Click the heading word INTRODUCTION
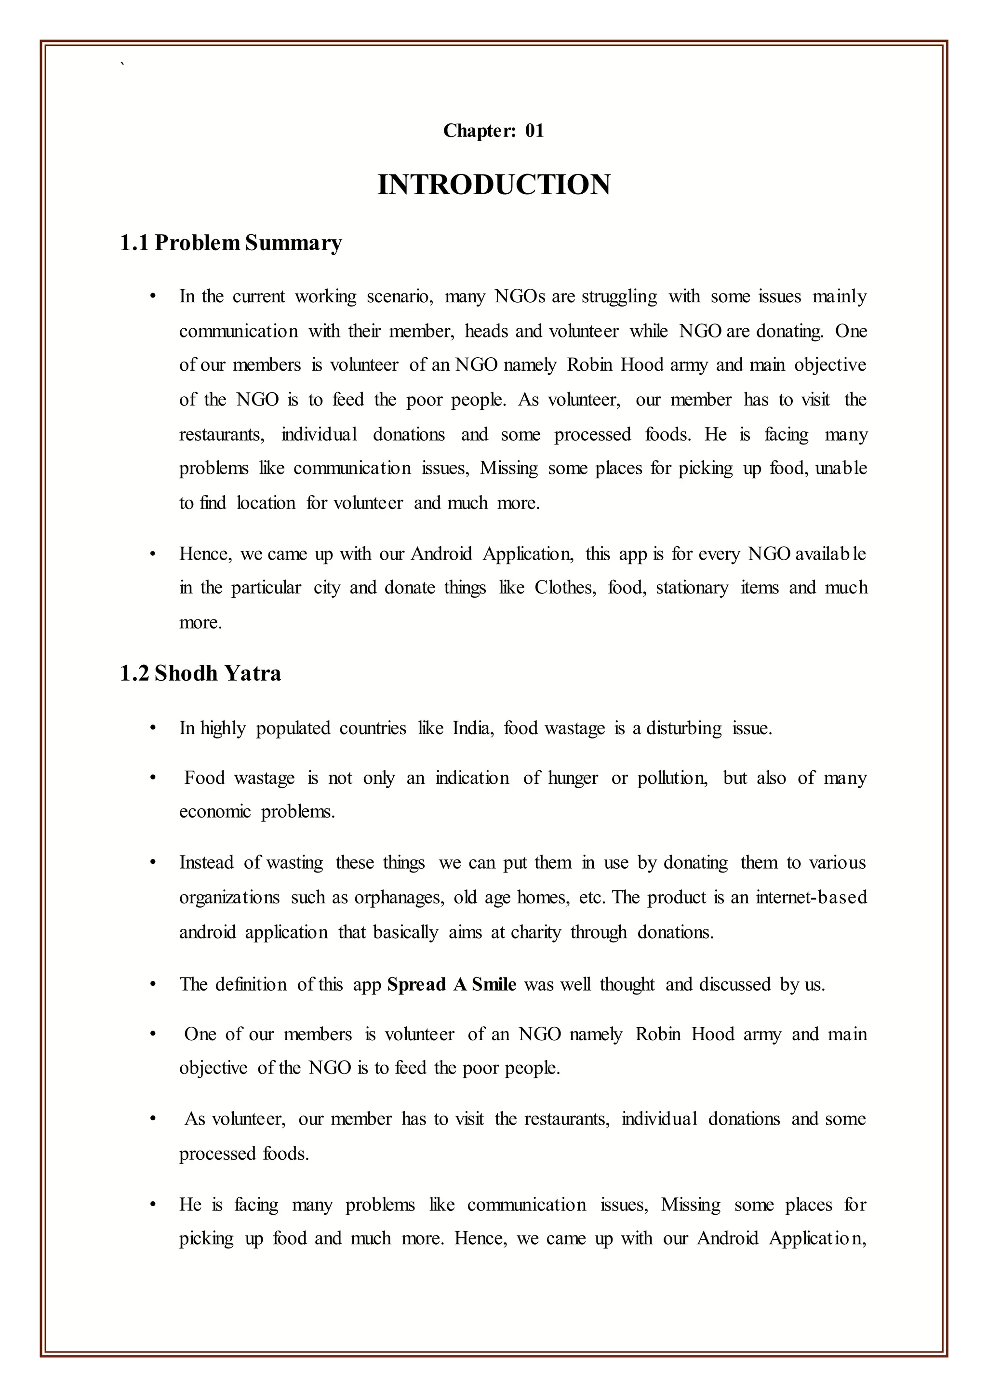(493, 185)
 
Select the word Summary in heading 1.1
(293, 243)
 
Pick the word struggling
(619, 297)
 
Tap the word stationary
(692, 588)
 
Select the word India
(472, 728)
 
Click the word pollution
(672, 778)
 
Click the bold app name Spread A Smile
(452, 984)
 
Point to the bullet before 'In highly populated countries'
(153, 728)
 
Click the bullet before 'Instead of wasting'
(153, 863)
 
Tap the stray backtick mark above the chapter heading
(123, 63)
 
